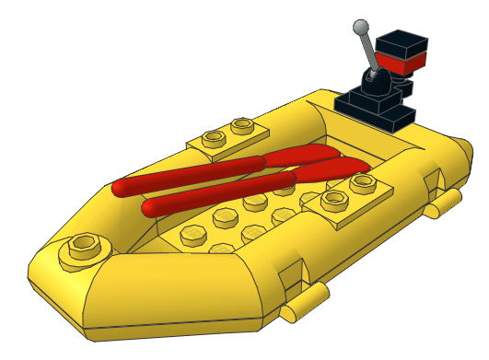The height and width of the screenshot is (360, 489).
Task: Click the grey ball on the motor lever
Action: tap(361, 26)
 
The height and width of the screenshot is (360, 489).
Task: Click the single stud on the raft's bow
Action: tap(83, 246)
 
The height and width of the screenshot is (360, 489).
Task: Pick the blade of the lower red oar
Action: tap(332, 169)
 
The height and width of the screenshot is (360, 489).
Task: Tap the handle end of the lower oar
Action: tap(153, 208)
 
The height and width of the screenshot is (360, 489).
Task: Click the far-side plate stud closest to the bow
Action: tap(215, 139)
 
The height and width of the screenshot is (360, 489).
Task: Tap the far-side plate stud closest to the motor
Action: tap(242, 124)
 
